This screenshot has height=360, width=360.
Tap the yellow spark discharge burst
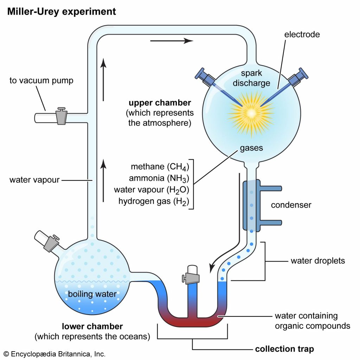point(251,113)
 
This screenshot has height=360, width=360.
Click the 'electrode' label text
point(302,34)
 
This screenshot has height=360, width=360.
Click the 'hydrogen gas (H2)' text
point(154,201)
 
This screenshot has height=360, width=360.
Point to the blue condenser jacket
point(252,206)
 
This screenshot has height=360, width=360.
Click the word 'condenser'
point(291,205)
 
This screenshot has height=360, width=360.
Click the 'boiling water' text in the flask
point(92,294)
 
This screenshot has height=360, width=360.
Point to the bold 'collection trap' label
point(284,349)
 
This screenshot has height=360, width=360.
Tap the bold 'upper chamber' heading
point(160,103)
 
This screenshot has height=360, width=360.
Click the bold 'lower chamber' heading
point(92,326)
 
